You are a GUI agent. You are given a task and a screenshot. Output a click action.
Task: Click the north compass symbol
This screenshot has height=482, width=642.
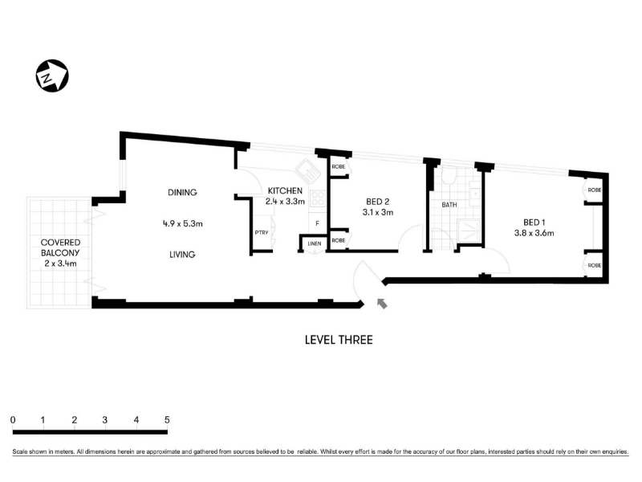(52, 76)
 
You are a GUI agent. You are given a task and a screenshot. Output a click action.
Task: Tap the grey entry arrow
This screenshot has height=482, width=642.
(382, 304)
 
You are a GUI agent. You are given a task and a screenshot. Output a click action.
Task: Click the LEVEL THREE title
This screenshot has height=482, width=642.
(339, 340)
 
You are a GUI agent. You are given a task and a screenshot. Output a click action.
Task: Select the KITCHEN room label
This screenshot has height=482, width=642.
(285, 190)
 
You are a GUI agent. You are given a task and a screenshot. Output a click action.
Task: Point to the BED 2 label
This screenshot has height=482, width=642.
(377, 202)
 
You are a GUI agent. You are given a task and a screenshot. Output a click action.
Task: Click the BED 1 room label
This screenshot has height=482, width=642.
(534, 223)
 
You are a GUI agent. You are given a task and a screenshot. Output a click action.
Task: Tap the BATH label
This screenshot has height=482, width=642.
(449, 205)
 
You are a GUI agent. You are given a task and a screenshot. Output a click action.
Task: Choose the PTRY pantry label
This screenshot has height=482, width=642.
(262, 232)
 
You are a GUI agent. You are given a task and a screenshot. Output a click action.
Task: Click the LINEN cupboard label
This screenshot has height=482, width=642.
(315, 243)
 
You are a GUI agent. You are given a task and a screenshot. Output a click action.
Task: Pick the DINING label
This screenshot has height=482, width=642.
(182, 192)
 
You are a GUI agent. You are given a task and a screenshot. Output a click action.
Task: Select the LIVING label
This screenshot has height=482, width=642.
(182, 255)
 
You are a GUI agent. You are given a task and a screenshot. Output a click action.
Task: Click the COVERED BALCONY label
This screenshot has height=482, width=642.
(60, 247)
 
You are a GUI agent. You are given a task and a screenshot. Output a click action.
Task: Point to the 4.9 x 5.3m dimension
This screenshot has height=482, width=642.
(183, 224)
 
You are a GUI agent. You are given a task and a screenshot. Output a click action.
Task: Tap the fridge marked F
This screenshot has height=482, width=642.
(317, 224)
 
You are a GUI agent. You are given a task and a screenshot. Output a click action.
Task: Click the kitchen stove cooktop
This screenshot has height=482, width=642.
(318, 199)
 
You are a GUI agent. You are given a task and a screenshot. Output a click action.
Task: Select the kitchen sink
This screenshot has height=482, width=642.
(308, 171)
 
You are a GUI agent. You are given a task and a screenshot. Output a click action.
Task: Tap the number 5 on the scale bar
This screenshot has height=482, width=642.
(167, 419)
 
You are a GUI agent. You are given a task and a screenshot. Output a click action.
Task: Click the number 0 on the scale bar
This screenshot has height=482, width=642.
(13, 419)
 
